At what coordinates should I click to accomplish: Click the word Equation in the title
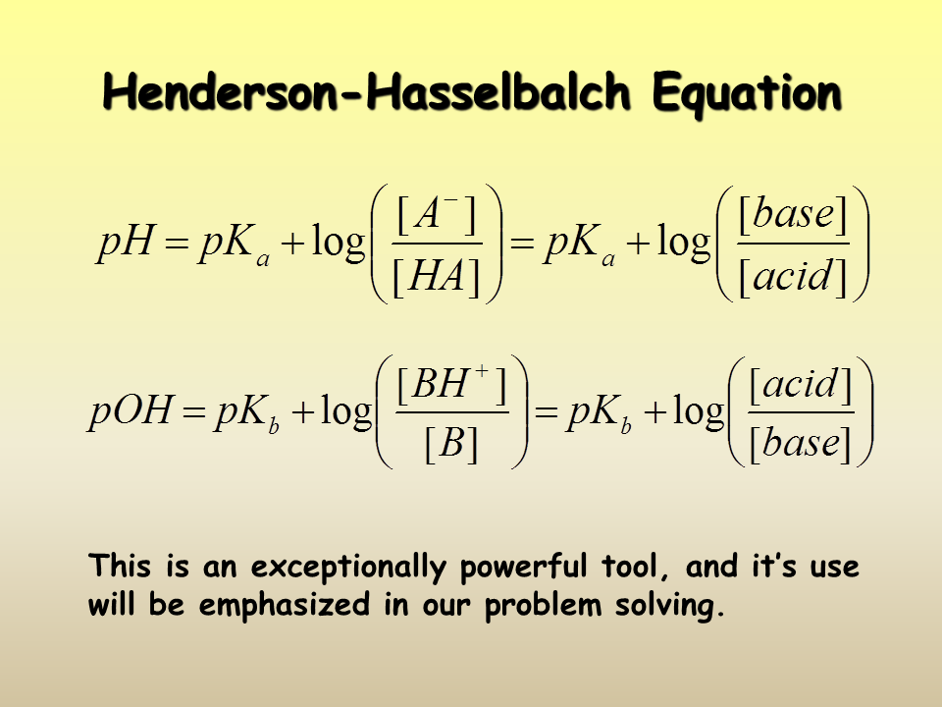[747, 92]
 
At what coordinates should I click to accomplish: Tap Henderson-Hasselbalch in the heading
[366, 91]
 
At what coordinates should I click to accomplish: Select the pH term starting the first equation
[127, 243]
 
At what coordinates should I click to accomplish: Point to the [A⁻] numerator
[437, 215]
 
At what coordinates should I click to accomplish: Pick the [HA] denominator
[437, 278]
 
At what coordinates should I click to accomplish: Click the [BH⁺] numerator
[451, 384]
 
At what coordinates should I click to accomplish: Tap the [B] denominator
[451, 444]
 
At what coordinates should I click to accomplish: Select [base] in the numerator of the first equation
[793, 215]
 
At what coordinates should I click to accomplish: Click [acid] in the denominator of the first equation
[793, 277]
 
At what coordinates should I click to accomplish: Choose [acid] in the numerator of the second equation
[801, 385]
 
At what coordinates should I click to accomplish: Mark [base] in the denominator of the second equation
[801, 445]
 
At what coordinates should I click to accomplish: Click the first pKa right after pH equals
[235, 245]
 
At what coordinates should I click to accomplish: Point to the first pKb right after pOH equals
[247, 413]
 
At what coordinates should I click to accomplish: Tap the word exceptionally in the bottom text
[349, 567]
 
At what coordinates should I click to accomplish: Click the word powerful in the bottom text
[523, 567]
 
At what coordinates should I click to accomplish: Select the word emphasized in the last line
[285, 605]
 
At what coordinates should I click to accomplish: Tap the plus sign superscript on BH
[482, 370]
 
